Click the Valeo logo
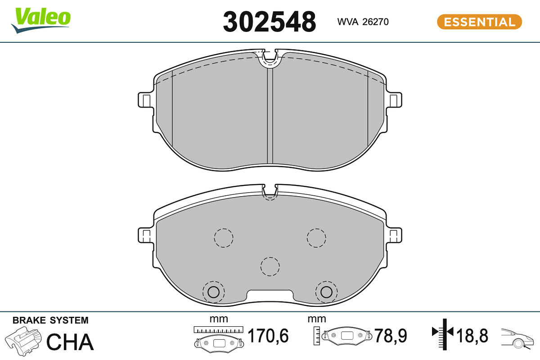(41, 20)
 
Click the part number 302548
(269, 22)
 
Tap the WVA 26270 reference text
(363, 22)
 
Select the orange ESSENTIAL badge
(479, 22)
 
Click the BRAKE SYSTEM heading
(50, 320)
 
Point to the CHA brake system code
(70, 342)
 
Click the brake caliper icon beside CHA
(23, 341)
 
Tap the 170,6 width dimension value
(268, 335)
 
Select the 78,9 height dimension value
(391, 335)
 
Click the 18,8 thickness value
(472, 335)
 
